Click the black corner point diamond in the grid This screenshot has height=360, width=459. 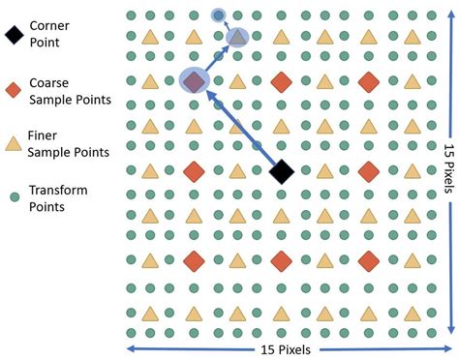pyautogui.click(x=282, y=171)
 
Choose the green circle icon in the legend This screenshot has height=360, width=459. pyautogui.click(x=14, y=196)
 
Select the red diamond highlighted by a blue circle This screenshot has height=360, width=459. pyautogui.click(x=194, y=82)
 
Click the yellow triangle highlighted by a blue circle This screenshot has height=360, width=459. pyautogui.click(x=237, y=38)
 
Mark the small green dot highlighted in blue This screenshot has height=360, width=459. pyautogui.click(x=219, y=15)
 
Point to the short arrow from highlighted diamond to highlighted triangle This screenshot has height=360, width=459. pyautogui.click(x=215, y=60)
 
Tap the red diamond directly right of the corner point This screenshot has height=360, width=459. pyautogui.click(x=369, y=171)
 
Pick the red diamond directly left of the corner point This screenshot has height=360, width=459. pyautogui.click(x=194, y=171)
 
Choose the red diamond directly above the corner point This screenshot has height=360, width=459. pyautogui.click(x=282, y=82)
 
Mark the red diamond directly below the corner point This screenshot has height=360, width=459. pyautogui.click(x=282, y=260)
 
